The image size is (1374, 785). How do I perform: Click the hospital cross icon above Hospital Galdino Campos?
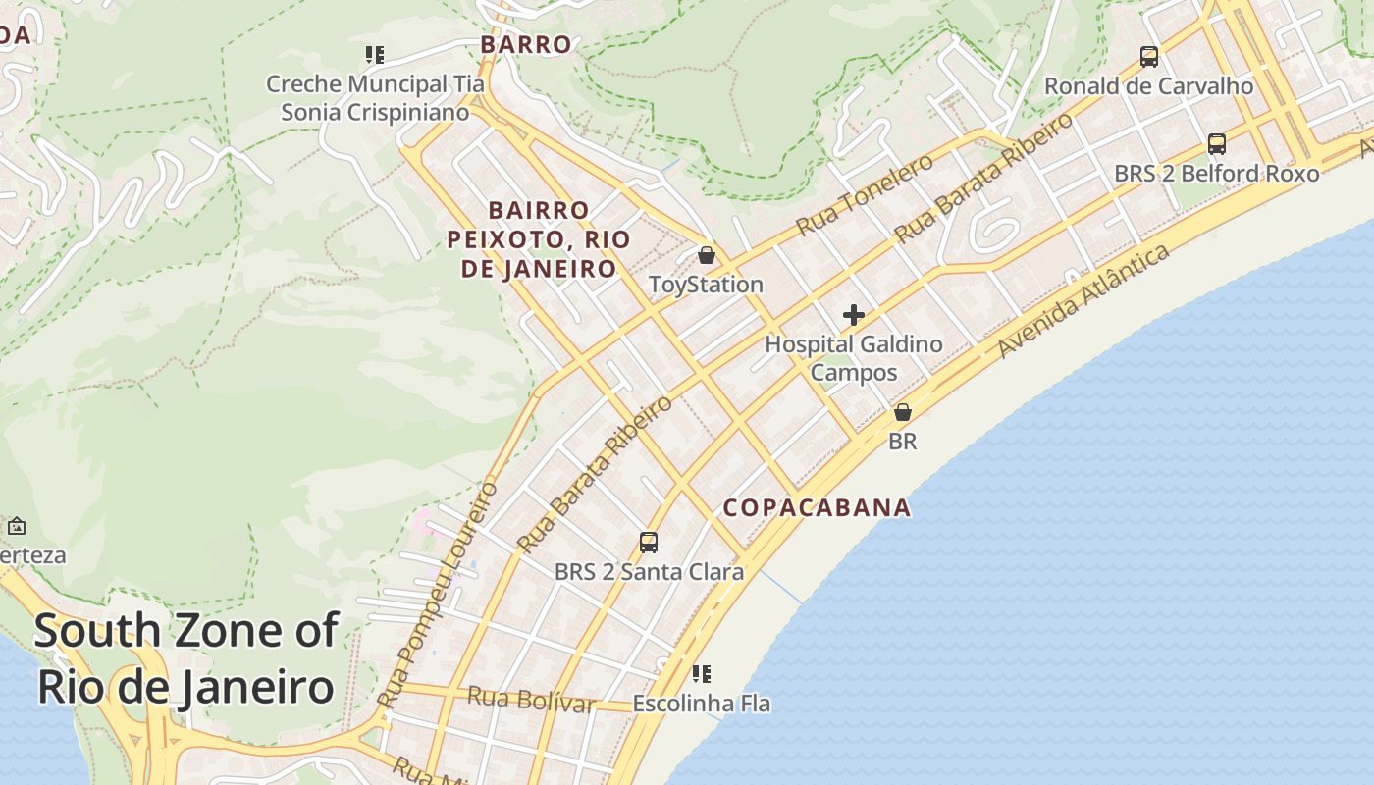[x=854, y=315]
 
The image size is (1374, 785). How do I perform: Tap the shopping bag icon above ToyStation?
[x=706, y=256]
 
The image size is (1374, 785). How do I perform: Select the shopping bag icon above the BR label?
[x=903, y=412]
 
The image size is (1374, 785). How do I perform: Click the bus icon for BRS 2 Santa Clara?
[x=648, y=543]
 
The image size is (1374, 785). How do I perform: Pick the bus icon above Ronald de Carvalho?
[x=1149, y=57]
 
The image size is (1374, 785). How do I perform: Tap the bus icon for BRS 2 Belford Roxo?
[x=1217, y=144]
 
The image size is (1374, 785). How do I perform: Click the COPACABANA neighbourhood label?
[x=818, y=507]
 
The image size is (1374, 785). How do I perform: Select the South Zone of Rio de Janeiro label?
[x=186, y=658]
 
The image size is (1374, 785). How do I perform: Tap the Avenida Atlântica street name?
[x=1083, y=301]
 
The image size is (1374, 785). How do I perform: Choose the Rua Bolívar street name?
[x=531, y=700]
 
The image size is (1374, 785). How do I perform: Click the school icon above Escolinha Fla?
[x=701, y=674]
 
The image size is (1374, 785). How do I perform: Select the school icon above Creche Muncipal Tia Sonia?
[x=374, y=55]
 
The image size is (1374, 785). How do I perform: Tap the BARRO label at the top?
[x=526, y=44]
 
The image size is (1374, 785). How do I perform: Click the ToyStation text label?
[x=706, y=285]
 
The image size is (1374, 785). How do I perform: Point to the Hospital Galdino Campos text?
[x=854, y=358]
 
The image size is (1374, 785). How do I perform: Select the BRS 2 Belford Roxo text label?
[x=1217, y=174]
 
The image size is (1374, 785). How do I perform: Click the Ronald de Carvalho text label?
[x=1149, y=86]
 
